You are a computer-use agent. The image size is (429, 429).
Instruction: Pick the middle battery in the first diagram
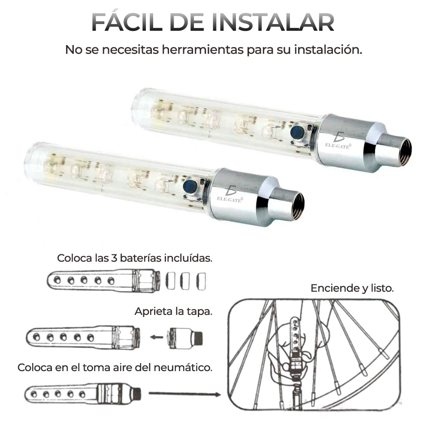tap(185, 281)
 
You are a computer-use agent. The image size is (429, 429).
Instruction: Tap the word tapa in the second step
tap(201, 311)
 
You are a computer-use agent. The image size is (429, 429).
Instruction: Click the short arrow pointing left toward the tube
tap(157, 337)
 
